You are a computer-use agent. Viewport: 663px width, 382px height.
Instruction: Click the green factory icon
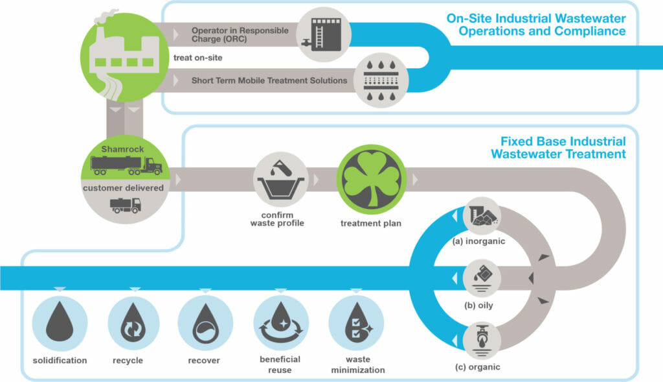124,56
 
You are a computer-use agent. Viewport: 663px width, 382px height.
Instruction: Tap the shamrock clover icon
371,179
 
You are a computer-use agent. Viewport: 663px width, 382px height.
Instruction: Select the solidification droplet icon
60,323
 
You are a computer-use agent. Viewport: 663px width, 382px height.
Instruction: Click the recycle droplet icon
133,323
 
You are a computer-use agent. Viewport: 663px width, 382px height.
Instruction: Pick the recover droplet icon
205,323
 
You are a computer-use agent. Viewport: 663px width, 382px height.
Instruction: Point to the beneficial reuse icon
281,323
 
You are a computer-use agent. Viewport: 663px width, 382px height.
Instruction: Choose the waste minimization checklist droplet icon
356,323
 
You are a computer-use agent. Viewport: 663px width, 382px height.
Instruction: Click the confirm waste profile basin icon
281,180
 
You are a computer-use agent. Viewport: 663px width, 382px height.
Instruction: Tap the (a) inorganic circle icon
482,215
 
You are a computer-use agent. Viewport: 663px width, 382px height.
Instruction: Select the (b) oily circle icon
482,278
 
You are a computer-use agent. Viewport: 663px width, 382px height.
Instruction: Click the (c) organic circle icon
482,340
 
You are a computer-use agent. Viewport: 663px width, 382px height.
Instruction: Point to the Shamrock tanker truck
126,165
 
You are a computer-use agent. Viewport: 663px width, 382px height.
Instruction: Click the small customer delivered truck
125,205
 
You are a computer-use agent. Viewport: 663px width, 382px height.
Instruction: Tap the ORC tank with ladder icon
324,34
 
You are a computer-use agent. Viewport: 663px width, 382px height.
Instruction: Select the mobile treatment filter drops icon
381,80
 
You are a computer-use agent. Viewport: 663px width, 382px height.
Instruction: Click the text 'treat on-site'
198,58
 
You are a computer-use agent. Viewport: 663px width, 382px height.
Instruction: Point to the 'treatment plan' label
371,223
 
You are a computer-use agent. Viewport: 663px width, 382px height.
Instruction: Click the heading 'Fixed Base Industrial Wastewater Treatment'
559,147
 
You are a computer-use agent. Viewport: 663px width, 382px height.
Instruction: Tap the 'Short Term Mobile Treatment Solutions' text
269,80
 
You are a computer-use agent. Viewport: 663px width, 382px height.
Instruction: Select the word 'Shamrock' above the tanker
122,149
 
